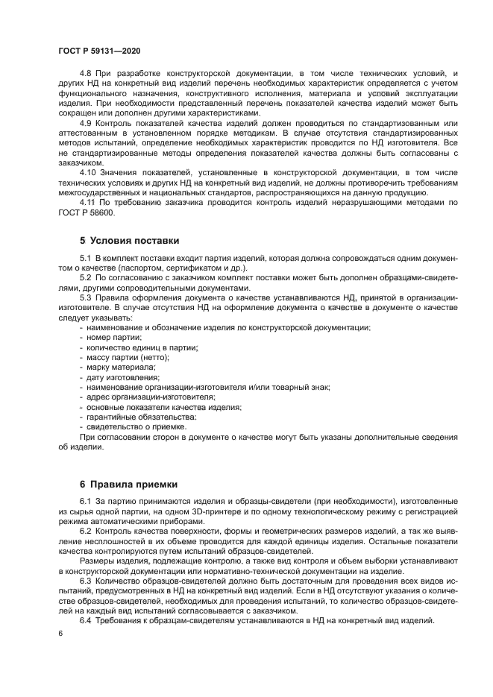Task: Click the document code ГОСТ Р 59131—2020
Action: (x=99, y=49)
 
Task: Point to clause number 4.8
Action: (x=86, y=72)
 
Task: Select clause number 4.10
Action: (x=88, y=171)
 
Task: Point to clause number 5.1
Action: (x=86, y=257)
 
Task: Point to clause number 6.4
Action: (x=86, y=621)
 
